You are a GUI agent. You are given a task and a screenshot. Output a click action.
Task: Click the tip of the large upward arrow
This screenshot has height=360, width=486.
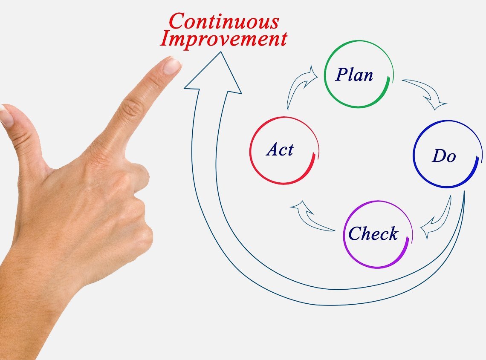(x=221, y=52)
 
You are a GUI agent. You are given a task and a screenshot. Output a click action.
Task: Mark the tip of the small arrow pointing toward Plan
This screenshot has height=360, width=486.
(x=318, y=76)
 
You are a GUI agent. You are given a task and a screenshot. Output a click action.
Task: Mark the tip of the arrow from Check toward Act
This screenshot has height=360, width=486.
(x=291, y=207)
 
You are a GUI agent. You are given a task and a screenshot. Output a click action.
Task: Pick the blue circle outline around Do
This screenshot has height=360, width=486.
(x=448, y=154)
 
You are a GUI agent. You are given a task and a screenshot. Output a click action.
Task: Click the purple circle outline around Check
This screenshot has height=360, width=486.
(x=378, y=234)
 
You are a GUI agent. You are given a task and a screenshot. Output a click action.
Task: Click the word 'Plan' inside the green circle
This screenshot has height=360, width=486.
(x=354, y=75)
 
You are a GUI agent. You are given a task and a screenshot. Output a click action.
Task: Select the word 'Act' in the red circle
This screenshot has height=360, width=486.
(x=280, y=150)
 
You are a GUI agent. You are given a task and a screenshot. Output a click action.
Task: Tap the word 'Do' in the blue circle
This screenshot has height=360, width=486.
(x=444, y=156)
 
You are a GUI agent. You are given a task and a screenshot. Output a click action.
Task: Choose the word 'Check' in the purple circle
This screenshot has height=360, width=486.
(x=373, y=233)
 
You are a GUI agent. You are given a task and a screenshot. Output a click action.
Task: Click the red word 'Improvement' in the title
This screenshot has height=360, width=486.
(x=223, y=39)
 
